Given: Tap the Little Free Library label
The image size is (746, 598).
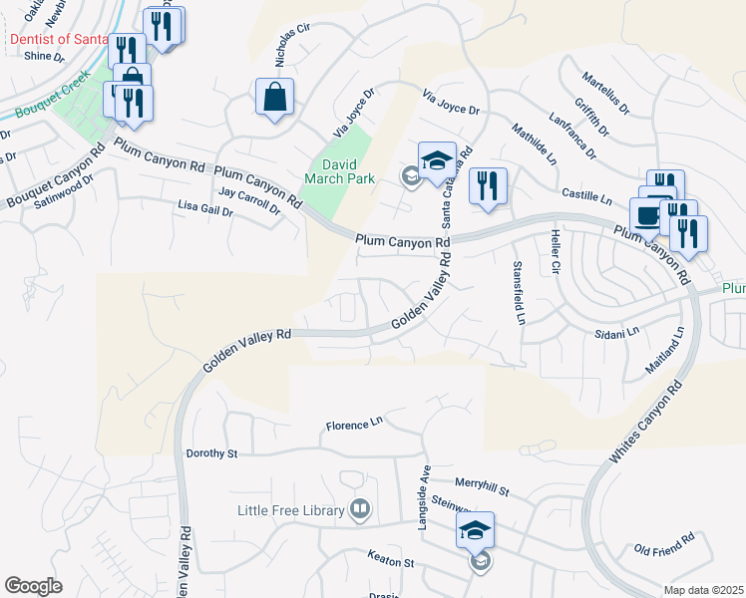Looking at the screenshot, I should (x=290, y=510).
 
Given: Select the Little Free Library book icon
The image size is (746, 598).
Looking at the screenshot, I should (x=360, y=510).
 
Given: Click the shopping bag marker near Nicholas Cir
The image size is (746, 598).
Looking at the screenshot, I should (x=274, y=98).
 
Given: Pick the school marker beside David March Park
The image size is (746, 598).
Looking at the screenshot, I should (x=437, y=160).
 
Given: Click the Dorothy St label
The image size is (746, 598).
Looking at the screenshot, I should (x=212, y=453).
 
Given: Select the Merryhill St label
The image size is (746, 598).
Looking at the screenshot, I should (x=483, y=485).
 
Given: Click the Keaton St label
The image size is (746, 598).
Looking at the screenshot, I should (x=390, y=562).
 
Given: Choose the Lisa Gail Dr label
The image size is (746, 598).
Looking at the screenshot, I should (x=204, y=207).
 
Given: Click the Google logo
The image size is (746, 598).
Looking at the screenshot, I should (x=33, y=585).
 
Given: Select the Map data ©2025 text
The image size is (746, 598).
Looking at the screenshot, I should (x=703, y=590).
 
